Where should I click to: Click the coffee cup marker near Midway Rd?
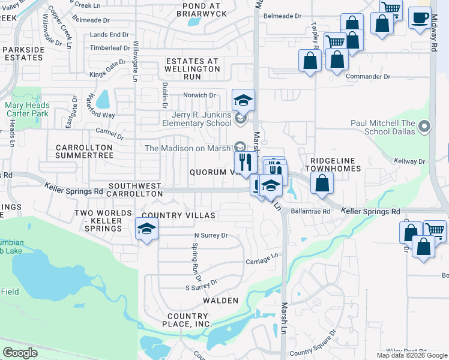coord(420,18)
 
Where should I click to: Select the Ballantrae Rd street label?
coord(310,211)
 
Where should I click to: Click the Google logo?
coord(20,352)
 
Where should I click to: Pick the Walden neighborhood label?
coord(220,300)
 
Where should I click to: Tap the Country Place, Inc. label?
coord(187,320)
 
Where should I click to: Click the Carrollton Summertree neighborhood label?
coord(84,151)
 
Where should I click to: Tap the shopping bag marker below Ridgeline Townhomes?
coord(322,184)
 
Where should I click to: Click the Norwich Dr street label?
coord(199,95)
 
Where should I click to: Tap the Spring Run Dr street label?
coord(196,258)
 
